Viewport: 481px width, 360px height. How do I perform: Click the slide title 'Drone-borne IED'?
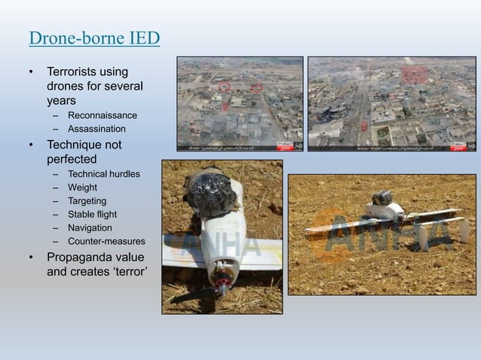tap(93, 38)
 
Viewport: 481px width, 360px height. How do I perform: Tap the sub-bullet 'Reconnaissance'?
tap(102, 115)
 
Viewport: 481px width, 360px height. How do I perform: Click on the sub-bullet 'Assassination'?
tap(97, 129)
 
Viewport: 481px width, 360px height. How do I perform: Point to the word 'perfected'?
tap(74, 159)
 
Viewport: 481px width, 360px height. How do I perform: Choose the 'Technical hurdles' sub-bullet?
tap(103, 174)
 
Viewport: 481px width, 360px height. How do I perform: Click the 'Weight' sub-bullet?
tap(82, 188)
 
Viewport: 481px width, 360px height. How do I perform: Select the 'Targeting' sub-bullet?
tap(87, 201)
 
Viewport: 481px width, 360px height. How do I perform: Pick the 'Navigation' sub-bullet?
tap(90, 227)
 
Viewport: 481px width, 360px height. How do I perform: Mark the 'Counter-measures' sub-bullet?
tap(106, 241)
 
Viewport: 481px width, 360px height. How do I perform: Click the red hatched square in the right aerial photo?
tap(413, 75)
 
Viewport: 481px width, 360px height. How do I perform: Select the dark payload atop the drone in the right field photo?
tap(382, 198)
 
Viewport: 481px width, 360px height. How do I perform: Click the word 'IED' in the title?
tap(141, 38)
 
